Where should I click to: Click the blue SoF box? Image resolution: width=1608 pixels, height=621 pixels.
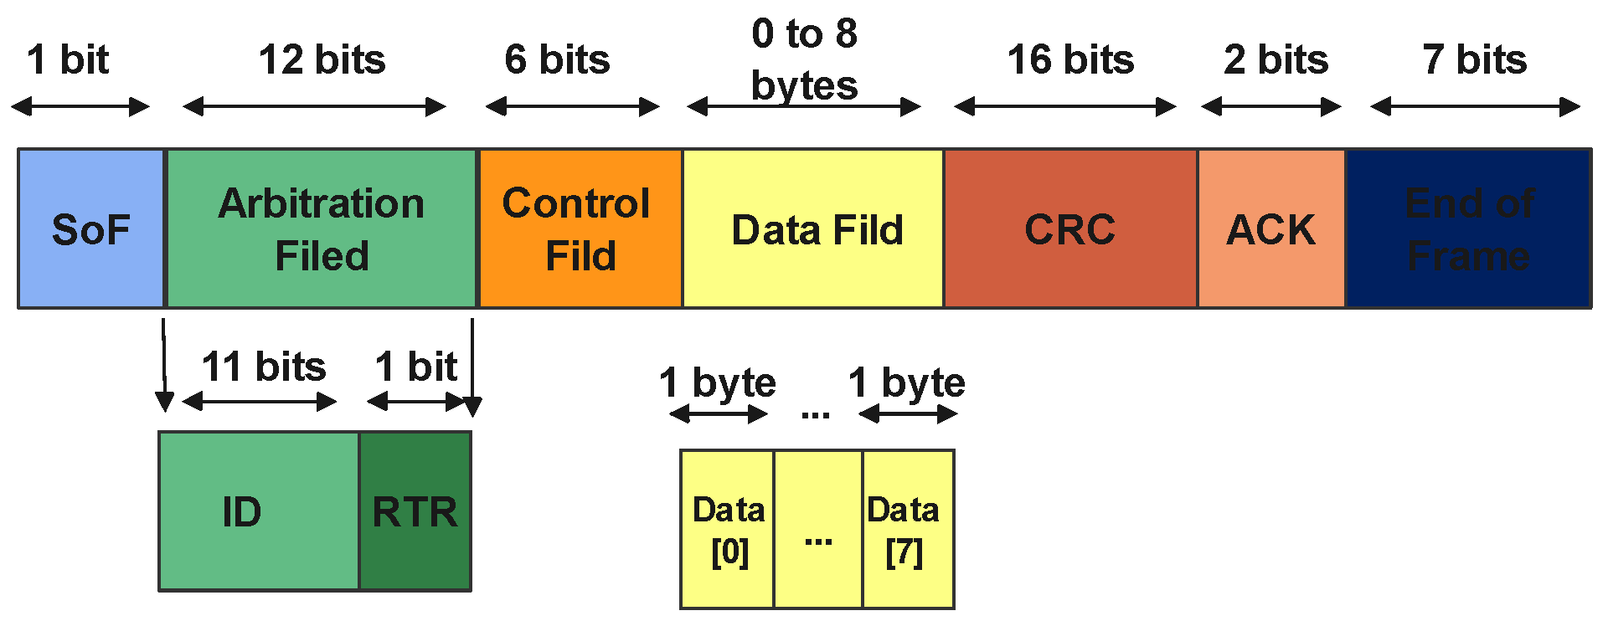tap(90, 228)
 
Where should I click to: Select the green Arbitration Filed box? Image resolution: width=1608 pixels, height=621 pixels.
tap(322, 228)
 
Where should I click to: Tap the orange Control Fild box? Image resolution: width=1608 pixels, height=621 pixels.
tap(580, 228)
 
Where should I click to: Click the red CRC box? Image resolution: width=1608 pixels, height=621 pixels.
tap(1070, 228)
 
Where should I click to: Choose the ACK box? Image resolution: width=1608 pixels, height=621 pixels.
tap(1271, 228)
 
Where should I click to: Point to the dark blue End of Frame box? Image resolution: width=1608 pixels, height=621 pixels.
tap(1468, 228)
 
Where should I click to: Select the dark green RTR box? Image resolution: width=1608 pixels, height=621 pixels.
tap(415, 511)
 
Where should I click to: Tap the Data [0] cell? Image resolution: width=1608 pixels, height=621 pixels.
tap(727, 530)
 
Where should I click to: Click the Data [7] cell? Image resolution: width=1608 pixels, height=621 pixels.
tap(908, 530)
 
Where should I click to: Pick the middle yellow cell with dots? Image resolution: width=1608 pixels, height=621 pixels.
tap(818, 530)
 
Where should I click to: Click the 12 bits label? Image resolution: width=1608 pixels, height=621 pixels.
tap(322, 60)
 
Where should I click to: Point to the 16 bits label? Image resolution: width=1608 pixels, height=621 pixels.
tap(1070, 60)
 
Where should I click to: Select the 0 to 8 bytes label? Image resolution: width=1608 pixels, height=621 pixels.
tap(804, 59)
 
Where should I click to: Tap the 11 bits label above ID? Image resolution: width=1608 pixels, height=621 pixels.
tap(263, 367)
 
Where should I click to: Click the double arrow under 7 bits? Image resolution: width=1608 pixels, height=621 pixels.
tap(1475, 106)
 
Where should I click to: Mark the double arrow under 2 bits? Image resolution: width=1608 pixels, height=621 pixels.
tap(1271, 106)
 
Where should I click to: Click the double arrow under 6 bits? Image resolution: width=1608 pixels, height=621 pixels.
tap(573, 106)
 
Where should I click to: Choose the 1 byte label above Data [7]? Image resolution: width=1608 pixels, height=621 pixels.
tap(906, 382)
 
